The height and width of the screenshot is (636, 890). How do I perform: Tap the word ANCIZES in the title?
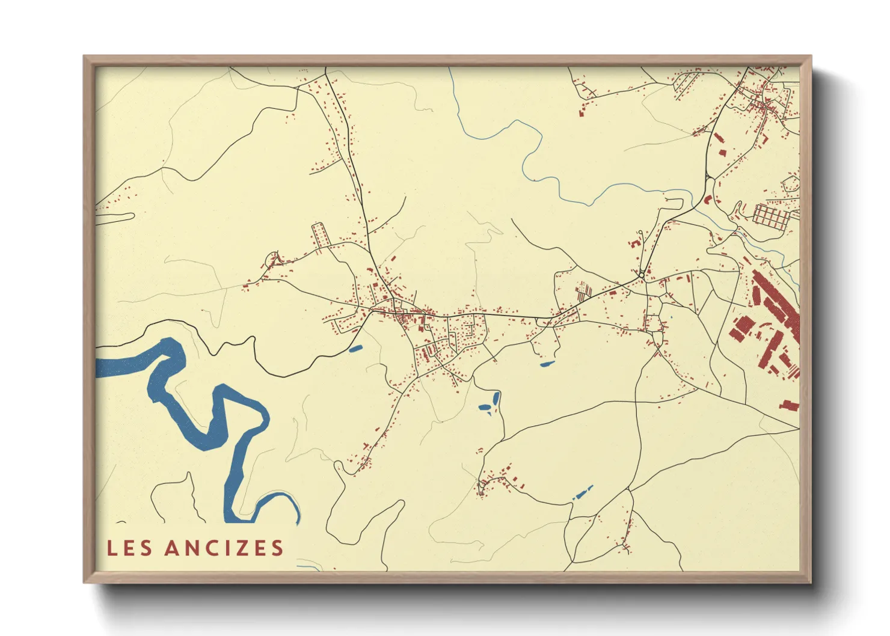[x=224, y=548]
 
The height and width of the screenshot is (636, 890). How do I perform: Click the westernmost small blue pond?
[x=355, y=348]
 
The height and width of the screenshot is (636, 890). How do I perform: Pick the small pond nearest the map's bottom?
[x=582, y=494]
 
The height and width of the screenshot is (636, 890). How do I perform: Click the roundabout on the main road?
[x=642, y=275]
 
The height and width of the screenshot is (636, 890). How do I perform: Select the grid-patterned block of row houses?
[x=771, y=216]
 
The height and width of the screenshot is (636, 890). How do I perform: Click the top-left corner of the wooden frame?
[x=85, y=57]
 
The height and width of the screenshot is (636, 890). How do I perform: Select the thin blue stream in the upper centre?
[x=529, y=156]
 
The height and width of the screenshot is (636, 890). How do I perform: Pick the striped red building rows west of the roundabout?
[x=583, y=293]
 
